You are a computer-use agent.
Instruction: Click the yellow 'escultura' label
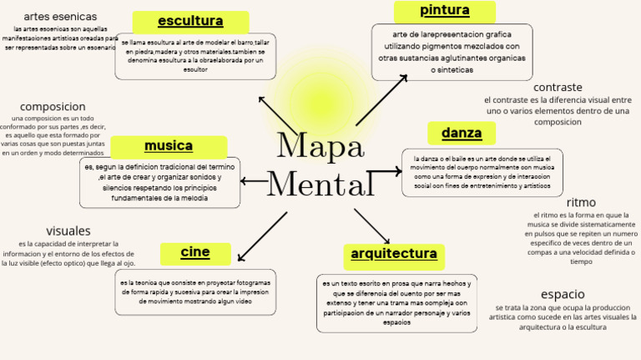click(190, 22)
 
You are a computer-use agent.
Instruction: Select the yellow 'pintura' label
click(444, 11)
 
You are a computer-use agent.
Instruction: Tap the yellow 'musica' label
click(169, 147)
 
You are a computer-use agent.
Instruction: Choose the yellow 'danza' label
click(462, 134)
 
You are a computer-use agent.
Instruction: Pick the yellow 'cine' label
click(195, 252)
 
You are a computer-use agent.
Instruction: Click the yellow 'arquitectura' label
click(393, 254)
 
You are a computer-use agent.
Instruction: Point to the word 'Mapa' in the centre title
click(320, 146)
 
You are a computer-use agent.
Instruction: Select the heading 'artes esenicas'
click(60, 17)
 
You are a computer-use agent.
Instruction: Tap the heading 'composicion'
click(53, 107)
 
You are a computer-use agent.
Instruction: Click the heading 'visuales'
click(68, 231)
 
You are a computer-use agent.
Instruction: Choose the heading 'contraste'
click(558, 87)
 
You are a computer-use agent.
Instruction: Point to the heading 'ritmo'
click(581, 202)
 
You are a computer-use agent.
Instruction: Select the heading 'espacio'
click(563, 294)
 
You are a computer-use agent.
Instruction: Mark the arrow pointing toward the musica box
click(254, 180)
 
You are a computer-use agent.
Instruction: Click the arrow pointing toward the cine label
click(261, 236)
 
